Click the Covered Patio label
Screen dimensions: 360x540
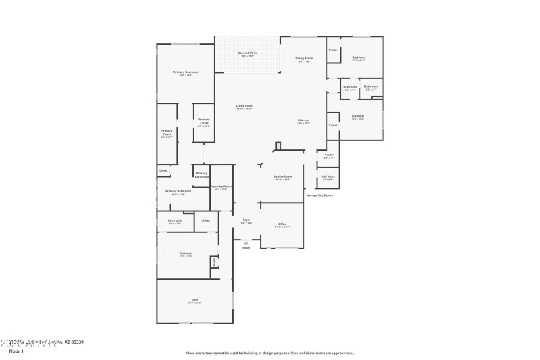tap(248, 53)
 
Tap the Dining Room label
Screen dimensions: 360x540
tap(303, 59)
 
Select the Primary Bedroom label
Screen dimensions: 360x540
tap(186, 72)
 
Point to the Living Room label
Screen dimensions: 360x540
tap(244, 106)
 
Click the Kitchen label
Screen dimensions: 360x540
tap(304, 121)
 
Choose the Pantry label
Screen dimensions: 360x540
tap(328, 155)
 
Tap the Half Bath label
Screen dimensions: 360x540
tap(328, 177)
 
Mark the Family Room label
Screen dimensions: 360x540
tap(282, 177)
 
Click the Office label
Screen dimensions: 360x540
tap(282, 225)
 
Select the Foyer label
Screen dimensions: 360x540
tap(246, 220)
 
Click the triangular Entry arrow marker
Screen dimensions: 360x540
tap(246, 242)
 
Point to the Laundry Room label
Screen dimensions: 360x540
tap(221, 186)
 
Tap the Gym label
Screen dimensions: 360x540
tap(194, 299)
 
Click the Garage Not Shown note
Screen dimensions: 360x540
tap(320, 195)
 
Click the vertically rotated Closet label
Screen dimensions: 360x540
tap(215, 262)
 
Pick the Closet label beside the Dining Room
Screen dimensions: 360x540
tap(333, 51)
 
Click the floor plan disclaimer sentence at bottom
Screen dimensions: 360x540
tap(270, 352)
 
